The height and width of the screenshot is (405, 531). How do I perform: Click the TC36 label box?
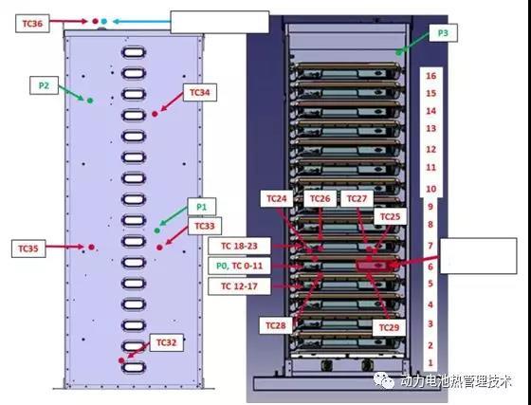click(x=32, y=24)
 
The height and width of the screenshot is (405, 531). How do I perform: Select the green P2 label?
click(x=44, y=85)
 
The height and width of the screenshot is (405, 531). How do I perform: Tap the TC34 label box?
click(x=200, y=92)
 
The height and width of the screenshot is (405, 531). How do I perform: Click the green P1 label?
click(x=201, y=207)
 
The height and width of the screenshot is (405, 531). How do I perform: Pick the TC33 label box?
click(x=205, y=226)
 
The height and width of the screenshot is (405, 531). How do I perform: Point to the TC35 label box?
click(x=28, y=249)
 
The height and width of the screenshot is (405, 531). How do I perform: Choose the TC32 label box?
click(x=167, y=342)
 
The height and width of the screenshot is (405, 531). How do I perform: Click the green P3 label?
click(x=443, y=33)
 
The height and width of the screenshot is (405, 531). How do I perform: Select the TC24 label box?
click(x=277, y=198)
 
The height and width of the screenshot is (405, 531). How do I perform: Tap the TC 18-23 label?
click(x=239, y=246)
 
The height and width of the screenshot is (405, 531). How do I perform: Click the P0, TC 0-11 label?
click(x=239, y=266)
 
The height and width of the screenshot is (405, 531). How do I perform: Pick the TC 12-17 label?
click(x=239, y=286)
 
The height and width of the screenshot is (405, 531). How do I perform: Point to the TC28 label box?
click(x=276, y=325)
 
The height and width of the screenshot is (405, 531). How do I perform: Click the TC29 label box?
click(x=389, y=327)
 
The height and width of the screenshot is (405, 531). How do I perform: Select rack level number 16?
click(x=430, y=76)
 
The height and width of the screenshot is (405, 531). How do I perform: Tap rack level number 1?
click(x=430, y=362)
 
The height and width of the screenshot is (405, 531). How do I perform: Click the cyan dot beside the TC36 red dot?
click(x=104, y=21)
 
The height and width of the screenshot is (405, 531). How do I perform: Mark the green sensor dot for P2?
click(x=90, y=101)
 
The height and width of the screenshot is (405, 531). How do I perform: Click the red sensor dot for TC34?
click(x=155, y=114)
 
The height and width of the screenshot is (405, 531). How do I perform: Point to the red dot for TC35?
click(x=91, y=248)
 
